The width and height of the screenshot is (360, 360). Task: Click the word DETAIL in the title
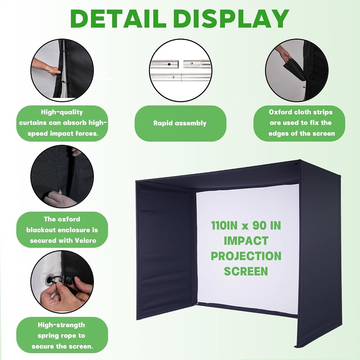[118, 19]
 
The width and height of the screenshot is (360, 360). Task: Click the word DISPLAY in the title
[231, 19]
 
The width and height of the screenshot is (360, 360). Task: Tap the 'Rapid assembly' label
[180, 123]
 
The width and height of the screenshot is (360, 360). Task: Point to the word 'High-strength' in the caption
[61, 325]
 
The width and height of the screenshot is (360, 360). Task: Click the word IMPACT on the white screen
[246, 241]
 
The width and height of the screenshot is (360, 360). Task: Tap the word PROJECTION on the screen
[246, 256]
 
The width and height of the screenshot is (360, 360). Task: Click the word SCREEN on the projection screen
[246, 271]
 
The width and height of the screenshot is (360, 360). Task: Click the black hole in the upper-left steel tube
[169, 64]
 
